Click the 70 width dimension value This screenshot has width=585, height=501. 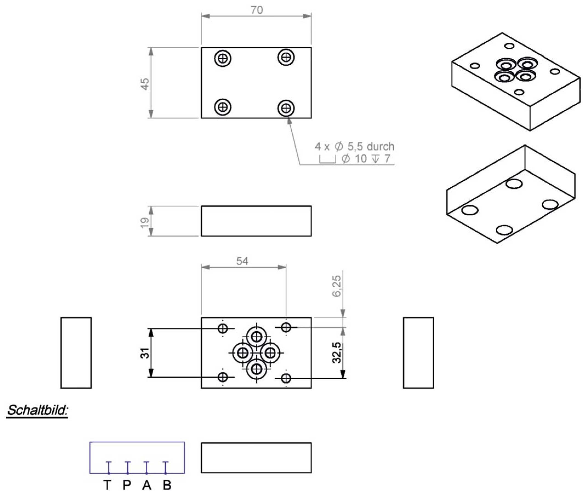257,10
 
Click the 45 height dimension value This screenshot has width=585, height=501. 144,84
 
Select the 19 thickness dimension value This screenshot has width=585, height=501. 144,223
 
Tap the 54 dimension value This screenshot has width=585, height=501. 242,261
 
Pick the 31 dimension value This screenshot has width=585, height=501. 144,353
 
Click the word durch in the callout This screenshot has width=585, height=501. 380,147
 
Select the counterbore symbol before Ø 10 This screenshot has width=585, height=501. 328,159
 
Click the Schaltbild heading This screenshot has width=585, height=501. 37,410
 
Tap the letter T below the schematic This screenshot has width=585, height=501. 107,485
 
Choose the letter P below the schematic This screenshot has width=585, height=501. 127,485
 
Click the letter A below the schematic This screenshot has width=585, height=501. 147,485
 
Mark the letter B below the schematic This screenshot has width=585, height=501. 167,485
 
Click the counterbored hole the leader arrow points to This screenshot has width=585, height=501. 286,108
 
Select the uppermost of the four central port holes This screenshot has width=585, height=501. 256,336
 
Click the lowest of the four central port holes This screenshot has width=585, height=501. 256,369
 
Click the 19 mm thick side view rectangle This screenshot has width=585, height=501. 256,221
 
